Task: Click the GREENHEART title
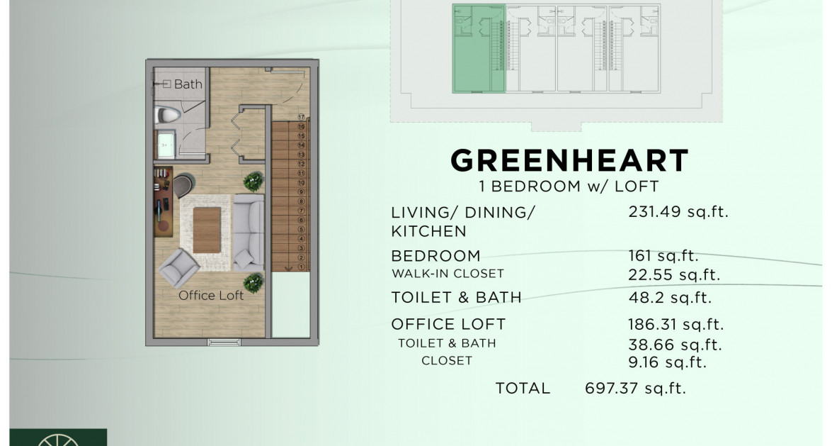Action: [569, 161]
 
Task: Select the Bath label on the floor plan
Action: [188, 84]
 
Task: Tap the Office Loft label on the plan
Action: [211, 295]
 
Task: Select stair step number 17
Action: [301, 117]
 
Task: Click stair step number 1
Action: [301, 267]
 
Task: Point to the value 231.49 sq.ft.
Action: [678, 211]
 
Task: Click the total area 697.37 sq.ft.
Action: [635, 388]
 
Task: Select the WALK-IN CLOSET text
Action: [448, 274]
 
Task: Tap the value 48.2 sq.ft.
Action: [670, 298]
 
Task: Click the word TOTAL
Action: [523, 388]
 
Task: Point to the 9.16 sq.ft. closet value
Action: [668, 362]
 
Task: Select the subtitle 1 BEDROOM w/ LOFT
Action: [569, 186]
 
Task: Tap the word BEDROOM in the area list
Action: [435, 255]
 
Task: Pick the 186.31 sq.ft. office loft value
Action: [676, 325]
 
